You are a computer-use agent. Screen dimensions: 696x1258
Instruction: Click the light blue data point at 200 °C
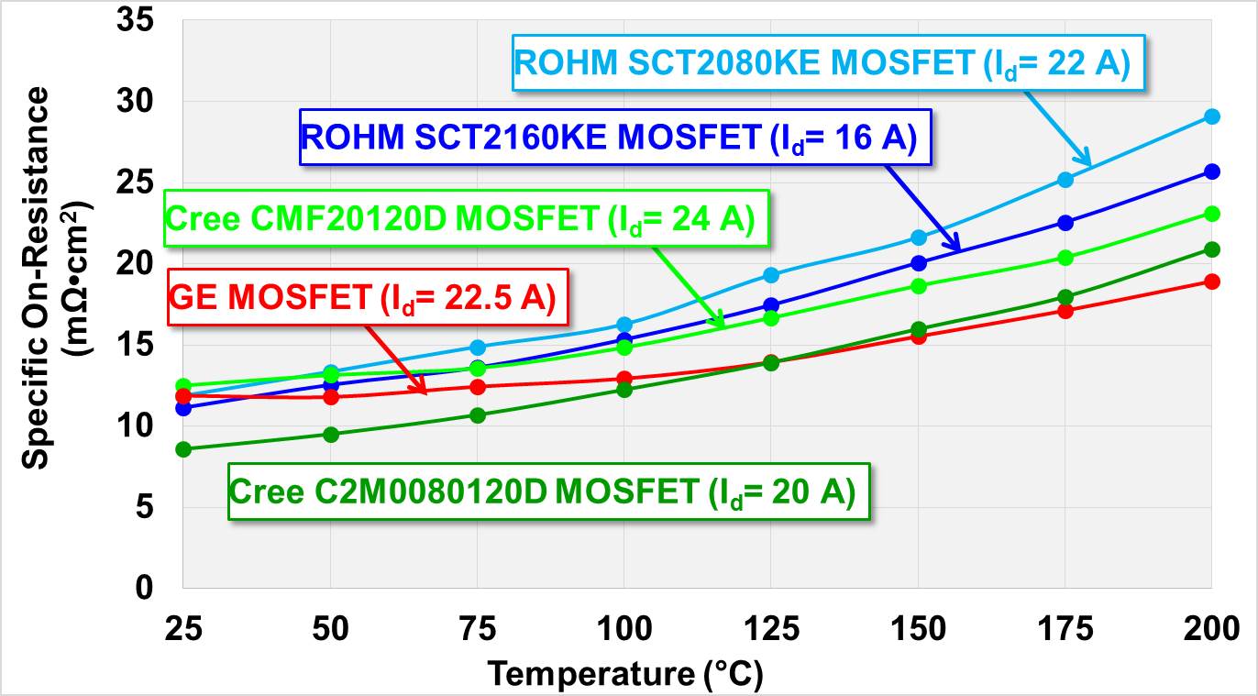pyautogui.click(x=1211, y=116)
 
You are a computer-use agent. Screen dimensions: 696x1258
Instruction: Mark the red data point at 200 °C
pyautogui.click(x=1211, y=282)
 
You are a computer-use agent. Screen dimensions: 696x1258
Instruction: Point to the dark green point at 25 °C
pyautogui.click(x=183, y=449)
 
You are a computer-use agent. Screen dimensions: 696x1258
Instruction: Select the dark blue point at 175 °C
pyautogui.click(x=1065, y=223)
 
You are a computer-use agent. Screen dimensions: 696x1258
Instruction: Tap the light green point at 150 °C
pyautogui.click(x=918, y=286)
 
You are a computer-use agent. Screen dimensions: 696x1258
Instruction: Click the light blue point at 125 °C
pyautogui.click(x=771, y=275)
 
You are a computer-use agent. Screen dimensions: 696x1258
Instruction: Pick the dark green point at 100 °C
pyautogui.click(x=624, y=390)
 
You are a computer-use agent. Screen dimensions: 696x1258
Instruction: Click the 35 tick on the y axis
pyautogui.click(x=136, y=20)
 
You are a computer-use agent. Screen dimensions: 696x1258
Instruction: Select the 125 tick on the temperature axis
pyautogui.click(x=770, y=630)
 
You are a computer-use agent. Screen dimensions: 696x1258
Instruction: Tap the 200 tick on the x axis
pyautogui.click(x=1210, y=630)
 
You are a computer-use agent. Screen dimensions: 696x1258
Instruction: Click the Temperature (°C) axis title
pyautogui.click(x=624, y=675)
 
